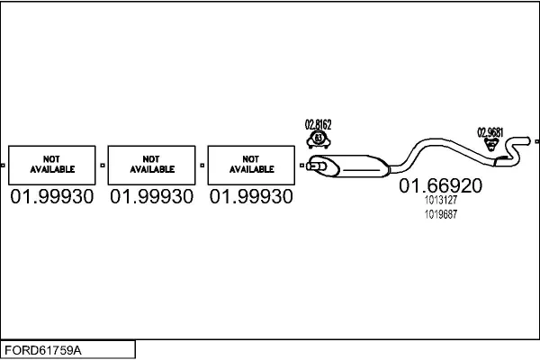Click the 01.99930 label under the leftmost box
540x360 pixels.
[52, 197]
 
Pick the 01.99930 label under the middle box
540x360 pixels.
[151, 197]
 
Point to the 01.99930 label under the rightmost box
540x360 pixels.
[251, 197]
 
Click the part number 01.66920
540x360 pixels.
[440, 185]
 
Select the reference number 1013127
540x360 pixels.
[441, 200]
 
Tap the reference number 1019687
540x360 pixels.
[441, 214]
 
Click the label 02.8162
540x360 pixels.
[319, 124]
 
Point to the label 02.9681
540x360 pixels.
[490, 132]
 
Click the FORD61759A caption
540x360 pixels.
[43, 350]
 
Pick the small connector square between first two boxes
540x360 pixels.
[103, 166]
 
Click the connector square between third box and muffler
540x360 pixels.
[301, 166]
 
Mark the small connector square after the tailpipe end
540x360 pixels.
[537, 141]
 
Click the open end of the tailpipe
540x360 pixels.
[528, 140]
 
